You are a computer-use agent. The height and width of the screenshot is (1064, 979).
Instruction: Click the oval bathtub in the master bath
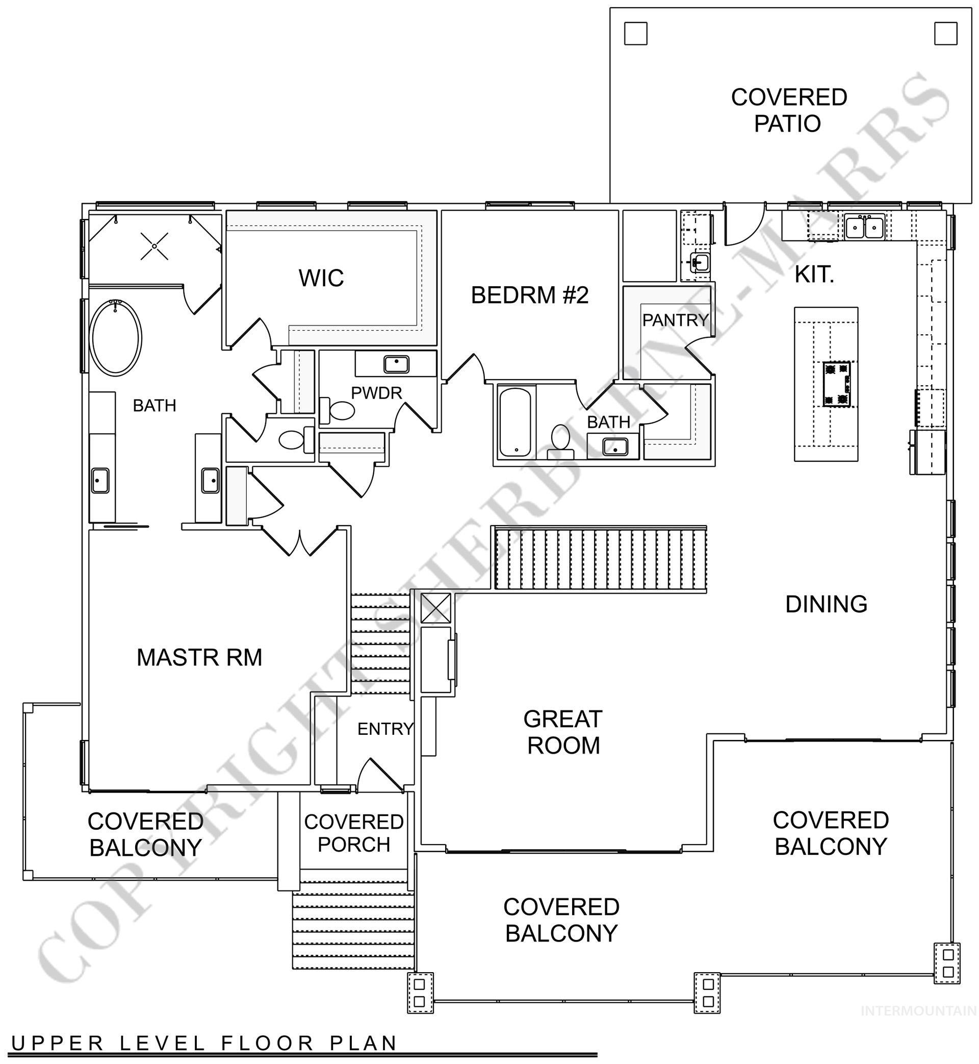(x=117, y=338)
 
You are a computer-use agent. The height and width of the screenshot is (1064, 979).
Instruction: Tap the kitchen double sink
(x=864, y=228)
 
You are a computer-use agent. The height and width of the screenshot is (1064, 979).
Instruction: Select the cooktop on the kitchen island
(x=837, y=384)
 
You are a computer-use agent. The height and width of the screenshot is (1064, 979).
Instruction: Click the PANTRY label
(x=675, y=319)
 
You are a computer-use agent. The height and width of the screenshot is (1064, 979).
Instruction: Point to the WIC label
(x=321, y=278)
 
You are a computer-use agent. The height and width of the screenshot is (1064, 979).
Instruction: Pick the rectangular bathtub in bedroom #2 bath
(x=515, y=422)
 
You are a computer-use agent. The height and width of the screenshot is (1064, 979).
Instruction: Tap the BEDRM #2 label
(x=529, y=295)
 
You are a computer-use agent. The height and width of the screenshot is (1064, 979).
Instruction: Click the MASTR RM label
(x=199, y=657)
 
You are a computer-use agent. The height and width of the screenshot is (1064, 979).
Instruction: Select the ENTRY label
(x=385, y=729)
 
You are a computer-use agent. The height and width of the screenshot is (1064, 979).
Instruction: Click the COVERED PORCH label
(x=353, y=833)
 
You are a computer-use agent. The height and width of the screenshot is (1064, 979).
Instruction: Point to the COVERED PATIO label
(x=788, y=110)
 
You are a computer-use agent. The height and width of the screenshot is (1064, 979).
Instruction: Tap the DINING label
(x=826, y=604)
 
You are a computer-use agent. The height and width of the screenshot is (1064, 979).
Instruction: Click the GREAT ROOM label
(x=562, y=732)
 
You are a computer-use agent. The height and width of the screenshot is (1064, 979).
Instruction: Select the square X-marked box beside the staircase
(x=435, y=608)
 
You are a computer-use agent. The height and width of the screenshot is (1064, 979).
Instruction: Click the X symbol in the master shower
(x=154, y=246)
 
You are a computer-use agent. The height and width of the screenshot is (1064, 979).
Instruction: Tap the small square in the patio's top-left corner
(x=635, y=34)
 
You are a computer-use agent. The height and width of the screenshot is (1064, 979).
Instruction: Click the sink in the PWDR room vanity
(x=396, y=364)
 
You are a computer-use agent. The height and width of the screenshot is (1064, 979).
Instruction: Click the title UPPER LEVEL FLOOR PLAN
(x=204, y=1043)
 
